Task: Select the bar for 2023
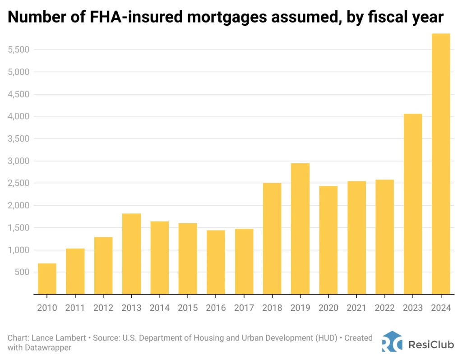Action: point(413,204)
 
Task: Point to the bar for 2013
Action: point(131,254)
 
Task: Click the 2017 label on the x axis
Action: point(244,308)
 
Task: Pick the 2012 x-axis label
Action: point(103,308)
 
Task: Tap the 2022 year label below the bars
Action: point(384,308)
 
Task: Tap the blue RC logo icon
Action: point(391,342)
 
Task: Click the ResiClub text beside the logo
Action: point(428,345)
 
